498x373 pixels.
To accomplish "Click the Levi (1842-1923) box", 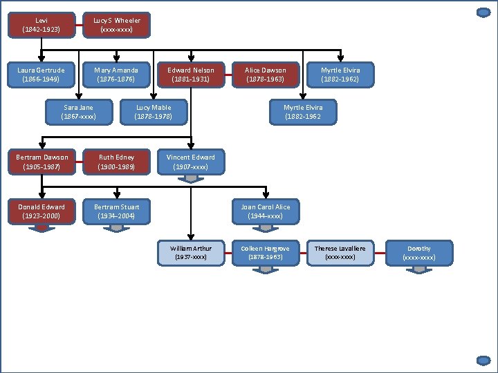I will [x=41, y=26].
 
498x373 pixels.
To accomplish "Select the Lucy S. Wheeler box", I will [x=116, y=26].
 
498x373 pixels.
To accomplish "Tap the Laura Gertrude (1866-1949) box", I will [x=41, y=75].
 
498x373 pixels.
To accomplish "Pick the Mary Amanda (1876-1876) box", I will [x=116, y=75].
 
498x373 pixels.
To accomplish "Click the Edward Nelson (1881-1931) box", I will [x=191, y=75].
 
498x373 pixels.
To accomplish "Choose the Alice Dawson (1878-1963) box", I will [x=266, y=75].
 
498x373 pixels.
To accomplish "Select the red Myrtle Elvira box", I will [x=340, y=75].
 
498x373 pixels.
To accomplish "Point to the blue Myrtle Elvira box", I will [x=303, y=112].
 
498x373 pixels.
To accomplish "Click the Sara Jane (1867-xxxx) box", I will [x=78, y=112].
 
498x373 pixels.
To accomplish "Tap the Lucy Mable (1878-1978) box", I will [x=153, y=112].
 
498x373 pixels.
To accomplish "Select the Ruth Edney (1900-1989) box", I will [x=116, y=162].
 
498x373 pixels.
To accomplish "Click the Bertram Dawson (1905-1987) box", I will [x=41, y=162].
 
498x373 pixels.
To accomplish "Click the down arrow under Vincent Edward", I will [x=191, y=179].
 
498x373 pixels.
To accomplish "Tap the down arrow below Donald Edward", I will [x=41, y=229].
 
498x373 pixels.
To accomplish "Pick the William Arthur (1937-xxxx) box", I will [x=191, y=253].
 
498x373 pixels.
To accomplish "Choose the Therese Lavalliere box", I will [x=340, y=253].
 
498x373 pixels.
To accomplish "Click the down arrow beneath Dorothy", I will [x=419, y=269].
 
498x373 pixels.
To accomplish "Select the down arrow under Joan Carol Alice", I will [x=266, y=228].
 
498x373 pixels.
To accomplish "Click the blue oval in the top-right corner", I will [x=484, y=12].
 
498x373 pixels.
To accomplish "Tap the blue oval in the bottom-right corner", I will [x=484, y=360].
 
